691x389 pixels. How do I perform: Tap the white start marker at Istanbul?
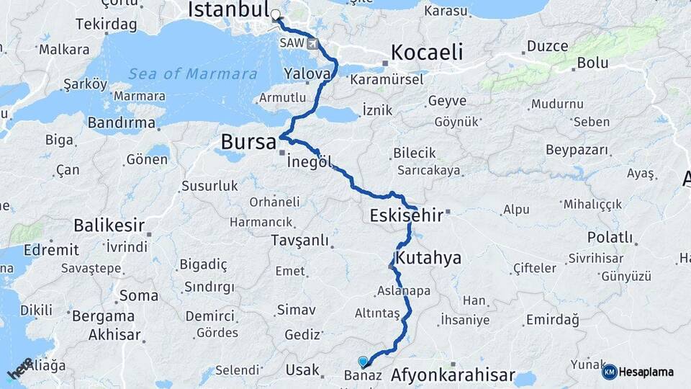(x=275, y=14)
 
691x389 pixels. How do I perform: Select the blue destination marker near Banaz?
(x=363, y=362)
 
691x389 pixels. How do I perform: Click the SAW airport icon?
(x=312, y=44)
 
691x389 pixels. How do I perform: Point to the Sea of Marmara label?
(x=192, y=73)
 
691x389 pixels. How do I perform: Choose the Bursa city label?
(x=248, y=141)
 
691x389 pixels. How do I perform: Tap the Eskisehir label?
(x=407, y=215)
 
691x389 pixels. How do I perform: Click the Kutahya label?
(x=428, y=258)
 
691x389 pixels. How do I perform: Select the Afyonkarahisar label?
(x=453, y=375)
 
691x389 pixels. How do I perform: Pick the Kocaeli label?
(x=426, y=53)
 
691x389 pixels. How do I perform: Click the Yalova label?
(x=307, y=74)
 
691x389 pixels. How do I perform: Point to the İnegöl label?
(x=309, y=162)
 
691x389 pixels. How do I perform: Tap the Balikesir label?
(x=109, y=225)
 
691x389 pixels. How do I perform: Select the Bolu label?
(x=592, y=63)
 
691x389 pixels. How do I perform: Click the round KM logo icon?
(x=610, y=372)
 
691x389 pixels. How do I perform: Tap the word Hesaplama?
(x=646, y=372)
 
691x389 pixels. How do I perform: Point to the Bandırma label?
(x=122, y=123)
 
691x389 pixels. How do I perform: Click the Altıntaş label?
(x=377, y=314)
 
